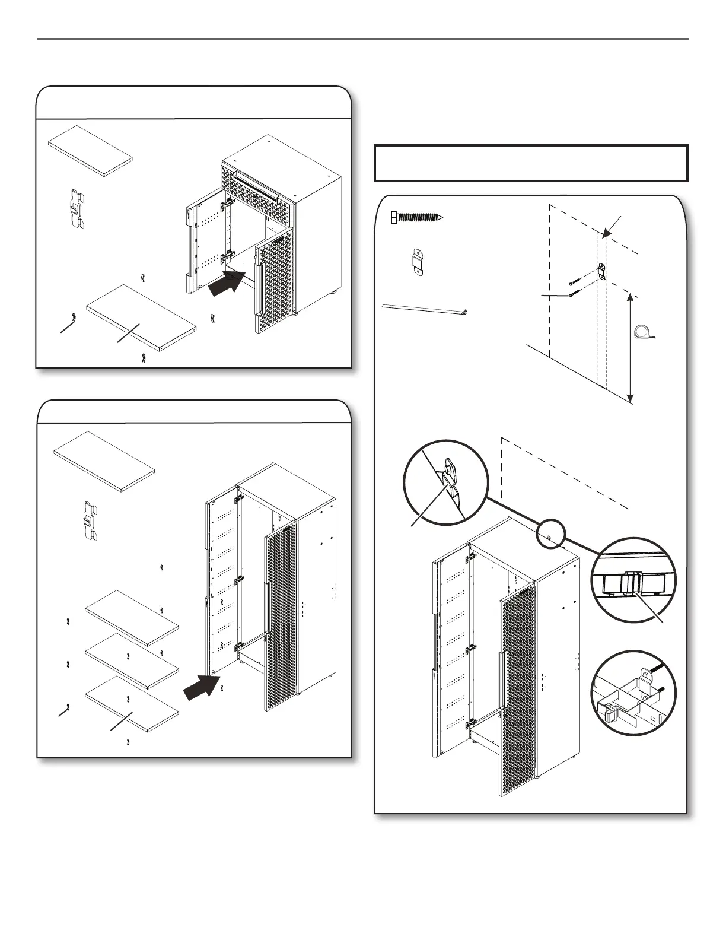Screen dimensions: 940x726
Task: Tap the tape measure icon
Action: point(644,332)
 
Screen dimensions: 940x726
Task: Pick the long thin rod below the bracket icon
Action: point(425,309)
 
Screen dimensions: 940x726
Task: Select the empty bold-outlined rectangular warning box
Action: point(531,163)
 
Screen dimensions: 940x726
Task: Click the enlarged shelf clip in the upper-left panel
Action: point(75,208)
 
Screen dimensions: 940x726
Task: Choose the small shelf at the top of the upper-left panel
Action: point(90,151)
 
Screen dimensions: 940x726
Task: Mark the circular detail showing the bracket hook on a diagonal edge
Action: point(445,482)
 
